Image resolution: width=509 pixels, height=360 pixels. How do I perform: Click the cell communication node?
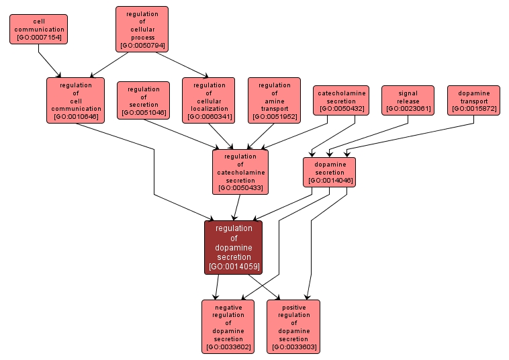[39, 29]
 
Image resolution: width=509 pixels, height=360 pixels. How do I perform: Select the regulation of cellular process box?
[142, 29]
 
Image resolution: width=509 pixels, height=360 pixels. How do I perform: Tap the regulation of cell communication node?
[75, 100]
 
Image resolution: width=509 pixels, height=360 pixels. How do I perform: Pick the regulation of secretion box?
[143, 100]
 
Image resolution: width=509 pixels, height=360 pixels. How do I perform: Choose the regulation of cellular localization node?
[209, 100]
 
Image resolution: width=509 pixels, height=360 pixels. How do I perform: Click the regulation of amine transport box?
[274, 100]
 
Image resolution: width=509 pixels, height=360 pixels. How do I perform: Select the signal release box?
[408, 100]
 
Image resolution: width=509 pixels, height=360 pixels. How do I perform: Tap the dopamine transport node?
[473, 100]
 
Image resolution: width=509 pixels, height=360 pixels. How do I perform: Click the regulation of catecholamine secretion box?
[240, 171]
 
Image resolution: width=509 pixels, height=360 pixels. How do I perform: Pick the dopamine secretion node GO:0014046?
[330, 171]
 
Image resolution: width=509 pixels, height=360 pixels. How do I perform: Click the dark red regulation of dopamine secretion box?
[234, 247]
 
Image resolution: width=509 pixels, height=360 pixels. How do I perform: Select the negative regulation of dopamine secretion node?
[228, 326]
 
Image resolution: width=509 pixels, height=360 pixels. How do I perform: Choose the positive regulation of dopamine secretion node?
[293, 326]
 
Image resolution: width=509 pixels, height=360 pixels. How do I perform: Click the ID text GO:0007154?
[39, 38]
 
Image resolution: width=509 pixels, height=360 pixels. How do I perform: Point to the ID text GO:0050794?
[142, 46]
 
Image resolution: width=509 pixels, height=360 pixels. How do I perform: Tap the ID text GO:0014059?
[234, 267]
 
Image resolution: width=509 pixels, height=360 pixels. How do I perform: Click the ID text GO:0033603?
[293, 347]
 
